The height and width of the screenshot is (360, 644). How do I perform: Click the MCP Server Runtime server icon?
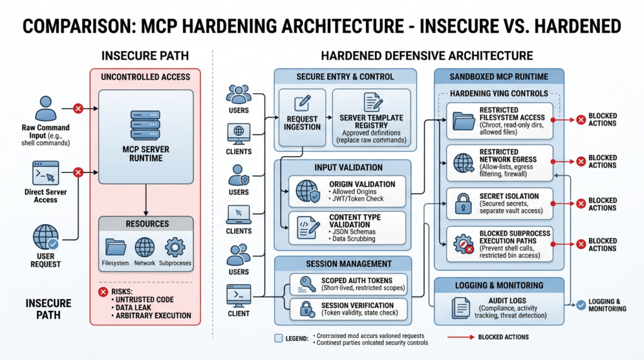(x=146, y=123)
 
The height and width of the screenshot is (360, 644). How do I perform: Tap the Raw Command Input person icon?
(x=46, y=108)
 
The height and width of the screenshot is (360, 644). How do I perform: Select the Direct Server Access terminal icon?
(x=45, y=172)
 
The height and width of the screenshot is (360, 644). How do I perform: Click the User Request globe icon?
(x=46, y=237)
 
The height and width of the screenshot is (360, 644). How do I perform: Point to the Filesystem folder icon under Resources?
(x=116, y=247)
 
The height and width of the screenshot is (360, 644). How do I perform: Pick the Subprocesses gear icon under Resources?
(x=174, y=247)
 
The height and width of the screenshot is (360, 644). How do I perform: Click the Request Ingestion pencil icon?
(x=302, y=103)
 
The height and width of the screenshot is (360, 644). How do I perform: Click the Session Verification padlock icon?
(x=307, y=308)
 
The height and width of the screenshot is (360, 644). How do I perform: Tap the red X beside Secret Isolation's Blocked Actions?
(x=580, y=203)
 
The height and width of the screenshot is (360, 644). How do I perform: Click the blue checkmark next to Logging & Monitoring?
(x=580, y=305)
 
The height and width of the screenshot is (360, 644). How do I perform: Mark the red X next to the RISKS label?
(x=103, y=291)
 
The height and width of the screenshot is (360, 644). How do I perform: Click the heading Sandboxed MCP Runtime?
(x=499, y=77)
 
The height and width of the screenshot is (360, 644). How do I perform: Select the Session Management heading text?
(x=348, y=264)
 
